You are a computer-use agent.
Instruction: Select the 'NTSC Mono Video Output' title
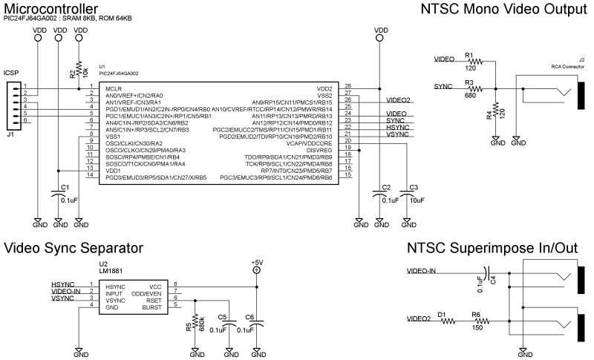pos(503,10)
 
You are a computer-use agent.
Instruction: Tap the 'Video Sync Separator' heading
pos(74,249)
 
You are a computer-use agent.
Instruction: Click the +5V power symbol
pos(257,269)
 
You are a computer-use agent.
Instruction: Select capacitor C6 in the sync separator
pos(257,324)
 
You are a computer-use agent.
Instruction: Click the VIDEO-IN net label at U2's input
pos(66,292)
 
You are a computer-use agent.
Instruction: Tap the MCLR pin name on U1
pos(114,88)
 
